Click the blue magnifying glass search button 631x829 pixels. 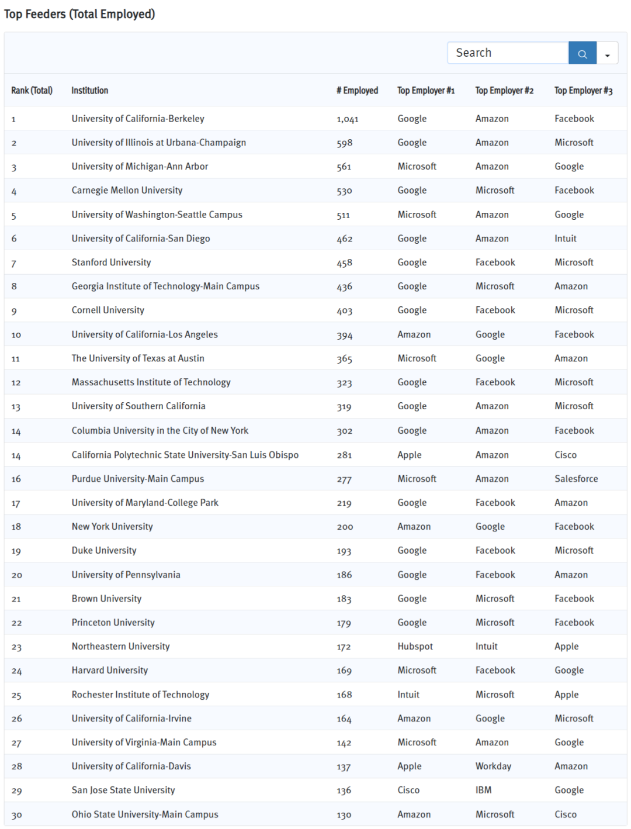(582, 53)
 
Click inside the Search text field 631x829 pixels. (507, 53)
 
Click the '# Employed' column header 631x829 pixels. (357, 91)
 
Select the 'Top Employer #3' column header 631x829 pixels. (583, 91)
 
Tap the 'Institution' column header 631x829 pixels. (89, 91)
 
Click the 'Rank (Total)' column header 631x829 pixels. (32, 91)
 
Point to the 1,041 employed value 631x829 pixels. (347, 119)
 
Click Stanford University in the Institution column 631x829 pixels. (111, 262)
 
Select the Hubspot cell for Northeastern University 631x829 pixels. (415, 647)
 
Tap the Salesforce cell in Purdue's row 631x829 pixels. (576, 479)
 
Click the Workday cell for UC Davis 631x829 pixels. (493, 766)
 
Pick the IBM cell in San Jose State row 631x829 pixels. (483, 790)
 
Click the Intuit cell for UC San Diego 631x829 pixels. (565, 239)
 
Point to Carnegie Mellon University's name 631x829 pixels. (127, 191)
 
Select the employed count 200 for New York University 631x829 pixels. (345, 527)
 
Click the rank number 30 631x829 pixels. (16, 815)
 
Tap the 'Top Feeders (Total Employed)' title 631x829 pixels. (79, 14)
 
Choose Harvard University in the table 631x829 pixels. (109, 671)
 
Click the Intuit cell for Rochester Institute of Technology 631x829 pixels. (408, 695)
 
